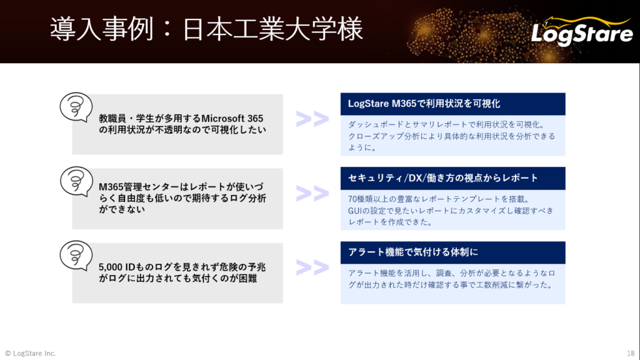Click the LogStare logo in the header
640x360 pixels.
click(x=582, y=31)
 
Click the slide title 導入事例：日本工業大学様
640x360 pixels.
click(x=206, y=29)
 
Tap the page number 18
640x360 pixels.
click(x=631, y=353)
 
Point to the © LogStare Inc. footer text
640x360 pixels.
click(x=30, y=353)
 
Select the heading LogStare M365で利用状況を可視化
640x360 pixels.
click(x=424, y=104)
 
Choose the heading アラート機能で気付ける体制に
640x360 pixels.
click(x=412, y=252)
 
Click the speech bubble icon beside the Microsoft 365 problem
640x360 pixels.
click(x=76, y=107)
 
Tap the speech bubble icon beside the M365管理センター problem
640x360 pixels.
click(x=76, y=181)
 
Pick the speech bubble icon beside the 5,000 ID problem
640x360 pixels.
click(x=76, y=256)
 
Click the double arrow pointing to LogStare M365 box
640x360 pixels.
click(x=312, y=118)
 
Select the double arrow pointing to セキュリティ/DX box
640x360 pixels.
click(x=312, y=193)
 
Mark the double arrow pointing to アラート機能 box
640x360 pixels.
click(x=312, y=267)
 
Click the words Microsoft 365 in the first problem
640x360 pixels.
click(x=232, y=118)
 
